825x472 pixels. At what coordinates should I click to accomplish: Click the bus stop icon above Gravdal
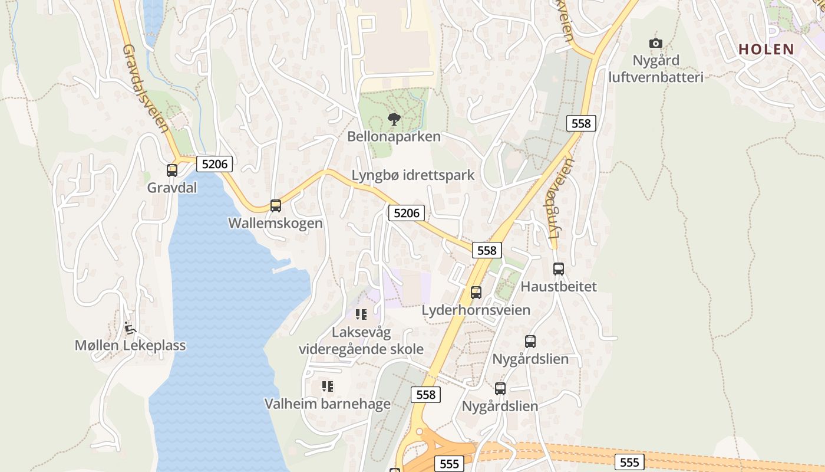[172, 171]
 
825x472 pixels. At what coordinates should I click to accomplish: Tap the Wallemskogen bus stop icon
[275, 206]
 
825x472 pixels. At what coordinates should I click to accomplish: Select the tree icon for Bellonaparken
[394, 119]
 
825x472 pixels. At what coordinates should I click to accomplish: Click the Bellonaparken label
[394, 137]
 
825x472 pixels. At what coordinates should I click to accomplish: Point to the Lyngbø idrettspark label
[412, 175]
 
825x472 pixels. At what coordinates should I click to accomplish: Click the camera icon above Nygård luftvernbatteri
[655, 43]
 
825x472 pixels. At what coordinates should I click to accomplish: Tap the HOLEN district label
[766, 49]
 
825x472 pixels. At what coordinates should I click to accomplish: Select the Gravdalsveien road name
[146, 88]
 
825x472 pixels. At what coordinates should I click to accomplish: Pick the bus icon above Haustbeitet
[559, 269]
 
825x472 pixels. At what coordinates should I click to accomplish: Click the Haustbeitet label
[559, 287]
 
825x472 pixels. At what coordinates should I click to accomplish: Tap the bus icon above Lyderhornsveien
[476, 292]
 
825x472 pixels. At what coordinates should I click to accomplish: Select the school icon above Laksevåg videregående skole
[361, 314]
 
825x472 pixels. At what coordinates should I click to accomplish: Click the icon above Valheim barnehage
[327, 386]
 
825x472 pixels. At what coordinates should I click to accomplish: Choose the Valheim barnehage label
[327, 404]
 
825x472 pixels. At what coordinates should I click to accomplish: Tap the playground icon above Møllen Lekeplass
[130, 327]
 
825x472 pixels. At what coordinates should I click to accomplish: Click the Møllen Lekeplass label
[130, 346]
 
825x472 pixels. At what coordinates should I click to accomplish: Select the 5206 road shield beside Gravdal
[214, 163]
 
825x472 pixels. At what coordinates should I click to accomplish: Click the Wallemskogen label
[275, 224]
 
